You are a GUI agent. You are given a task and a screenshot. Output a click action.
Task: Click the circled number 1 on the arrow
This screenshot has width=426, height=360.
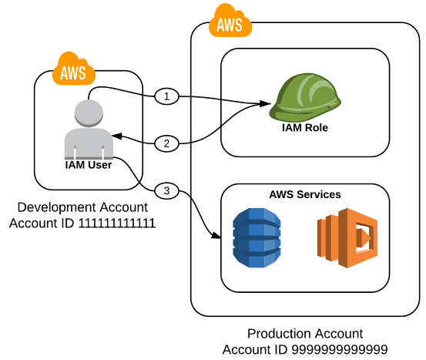pos(166,96)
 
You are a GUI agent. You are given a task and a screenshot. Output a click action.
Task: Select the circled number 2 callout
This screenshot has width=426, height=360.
pos(166,143)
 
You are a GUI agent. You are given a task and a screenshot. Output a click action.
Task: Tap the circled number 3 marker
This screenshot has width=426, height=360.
pos(166,190)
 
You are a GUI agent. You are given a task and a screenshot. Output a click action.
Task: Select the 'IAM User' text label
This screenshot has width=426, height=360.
pos(89,164)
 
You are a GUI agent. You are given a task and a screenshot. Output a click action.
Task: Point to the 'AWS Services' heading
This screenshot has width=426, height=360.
pos(305,194)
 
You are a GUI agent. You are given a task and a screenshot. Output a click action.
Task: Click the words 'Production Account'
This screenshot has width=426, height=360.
pos(306,334)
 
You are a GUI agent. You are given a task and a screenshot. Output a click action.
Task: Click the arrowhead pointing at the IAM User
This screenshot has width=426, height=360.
pos(116,136)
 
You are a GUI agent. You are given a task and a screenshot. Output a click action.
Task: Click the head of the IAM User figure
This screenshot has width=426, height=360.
pos(89,111)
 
